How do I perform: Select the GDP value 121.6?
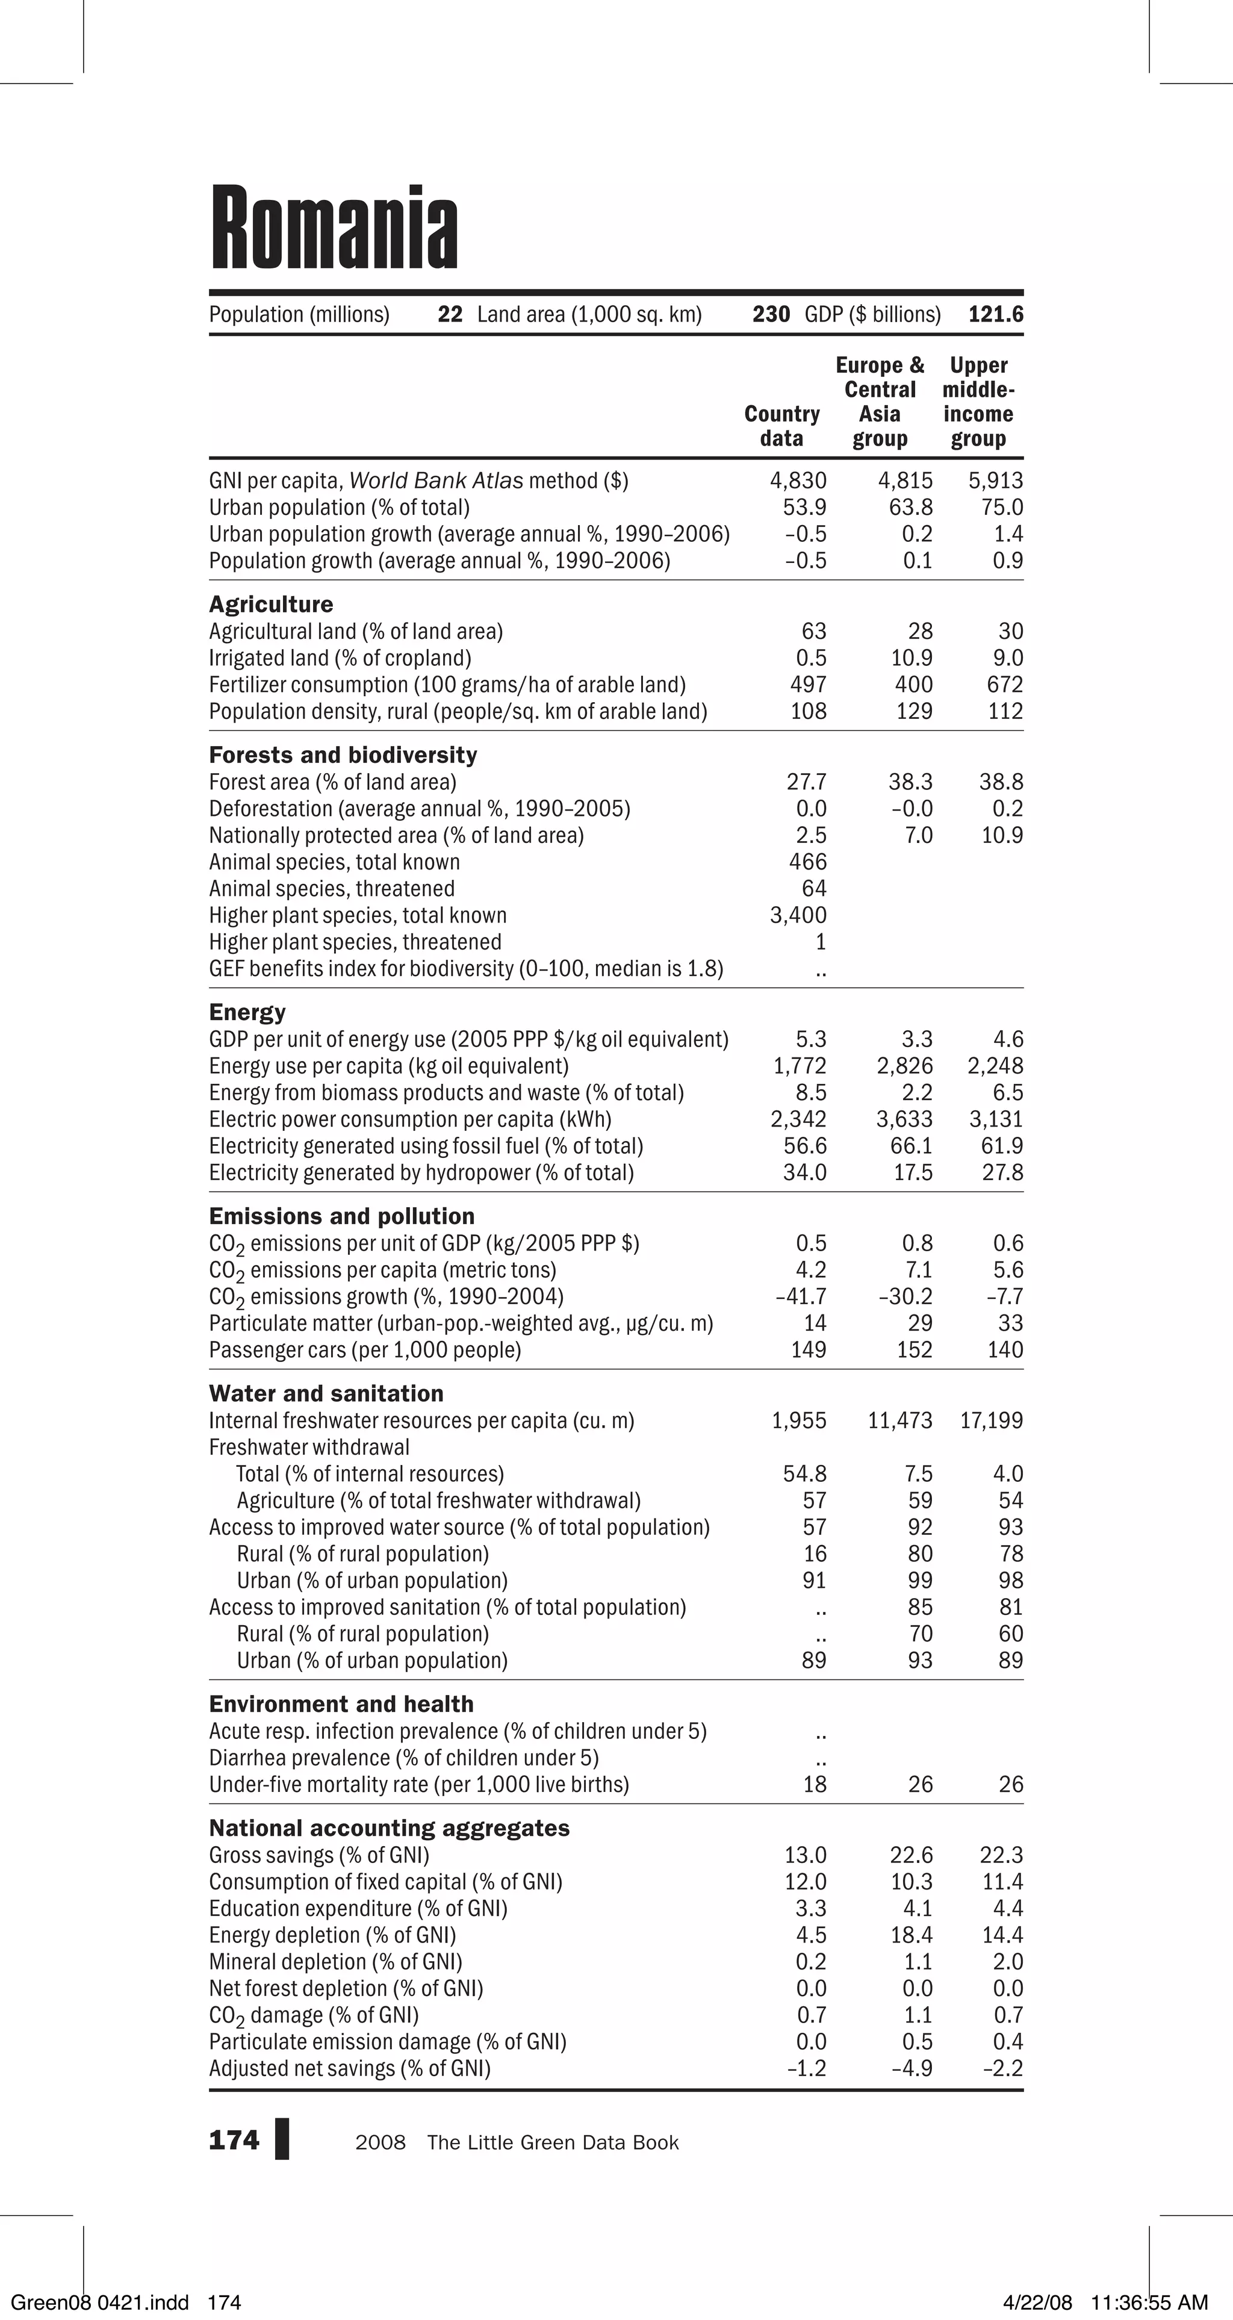pyautogui.click(x=995, y=314)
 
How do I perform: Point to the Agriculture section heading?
pyautogui.click(x=270, y=605)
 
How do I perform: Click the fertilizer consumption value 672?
pyautogui.click(x=1005, y=685)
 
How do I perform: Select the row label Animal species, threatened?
pyautogui.click(x=332, y=889)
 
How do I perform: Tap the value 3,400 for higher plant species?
pyautogui.click(x=798, y=916)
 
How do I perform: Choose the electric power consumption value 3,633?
pyautogui.click(x=904, y=1119)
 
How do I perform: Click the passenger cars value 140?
pyautogui.click(x=1005, y=1350)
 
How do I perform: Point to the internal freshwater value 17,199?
pyautogui.click(x=991, y=1421)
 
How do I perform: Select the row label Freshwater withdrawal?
pyautogui.click(x=309, y=1448)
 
